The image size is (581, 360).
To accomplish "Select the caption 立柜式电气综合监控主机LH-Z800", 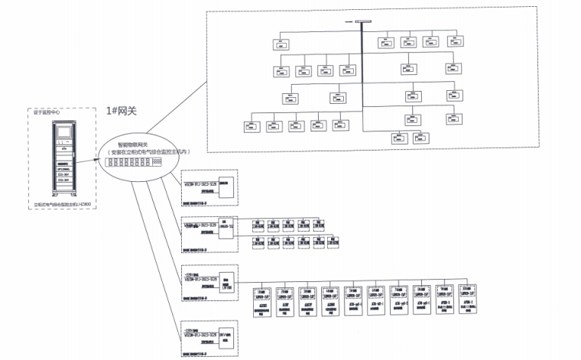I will (63, 206).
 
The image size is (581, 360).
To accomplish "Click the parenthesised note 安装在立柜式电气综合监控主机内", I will (148, 152).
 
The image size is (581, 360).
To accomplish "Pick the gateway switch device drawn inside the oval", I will (132, 162).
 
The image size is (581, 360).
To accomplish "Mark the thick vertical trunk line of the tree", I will (361, 76).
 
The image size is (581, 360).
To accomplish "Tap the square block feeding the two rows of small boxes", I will (227, 231).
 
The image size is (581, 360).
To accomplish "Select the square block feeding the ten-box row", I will (227, 277).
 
